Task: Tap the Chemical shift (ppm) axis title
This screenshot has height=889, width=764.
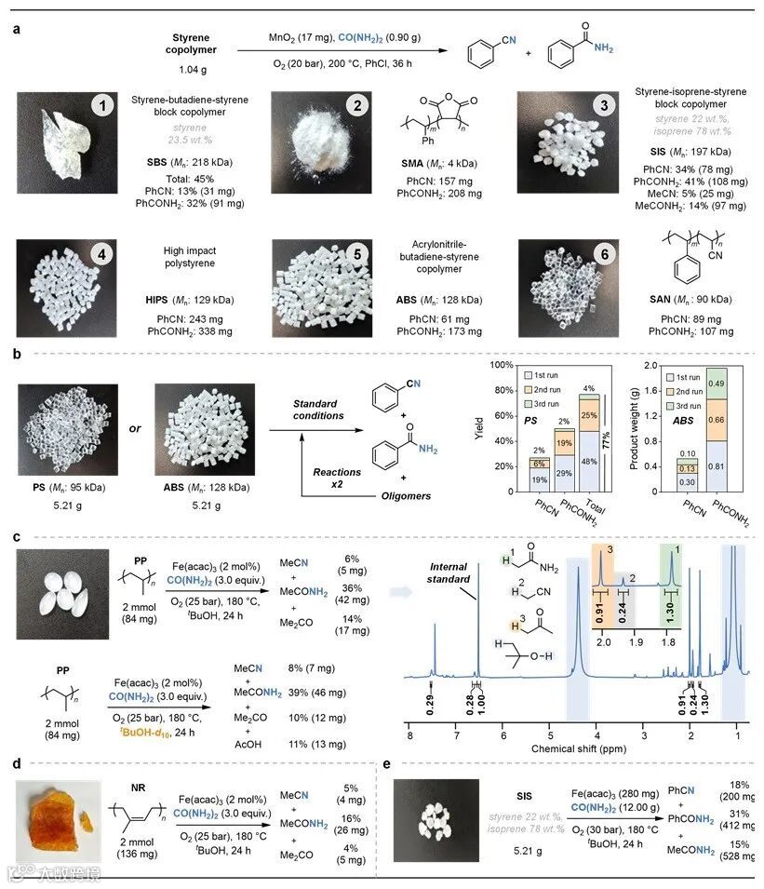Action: coord(579,747)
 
